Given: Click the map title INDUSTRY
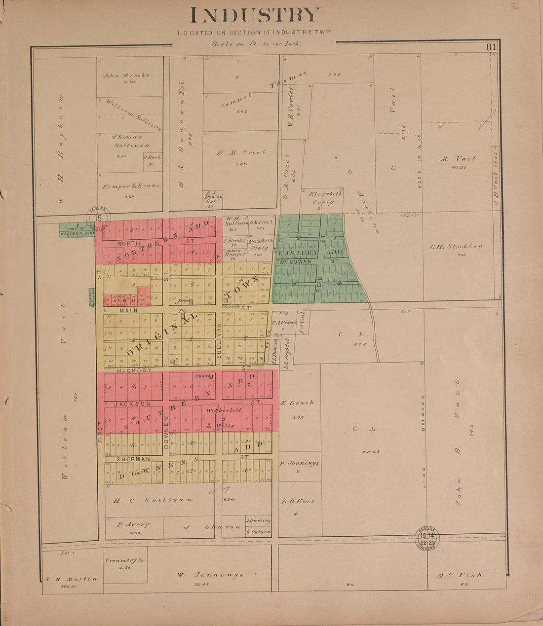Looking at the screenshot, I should pos(255,15).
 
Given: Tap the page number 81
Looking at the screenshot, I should pos(490,47).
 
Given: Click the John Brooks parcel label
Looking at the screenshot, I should pos(126,75).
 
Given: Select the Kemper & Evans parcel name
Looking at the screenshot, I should pos(131,186).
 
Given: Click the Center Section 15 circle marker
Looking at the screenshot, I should pos(98,218).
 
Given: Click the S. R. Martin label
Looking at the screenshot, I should pos(71,579).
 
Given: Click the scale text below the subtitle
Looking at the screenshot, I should pos(256,43).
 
